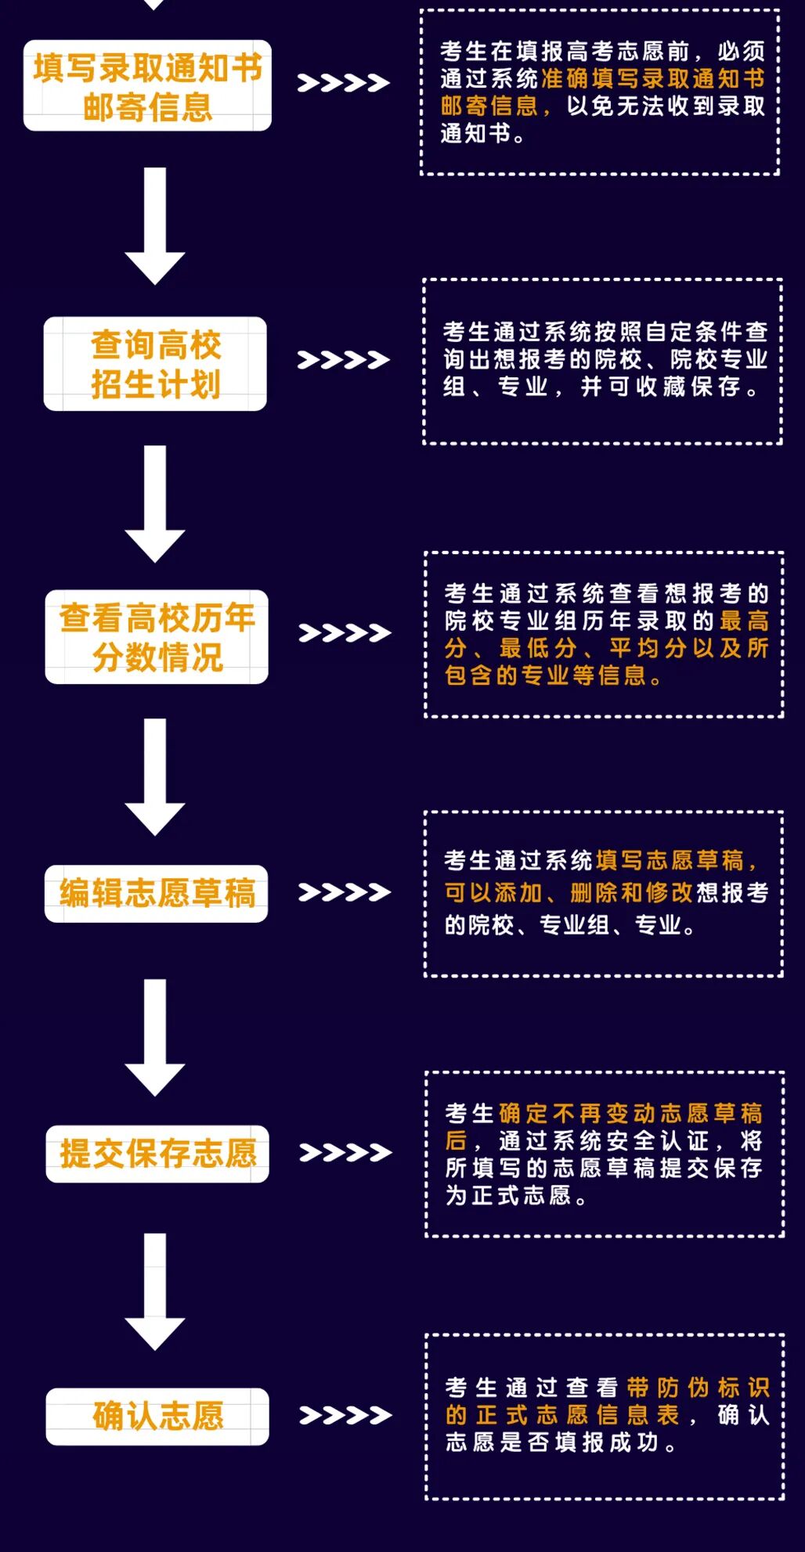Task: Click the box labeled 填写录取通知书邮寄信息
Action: [x=147, y=86]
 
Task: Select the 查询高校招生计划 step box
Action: [x=155, y=364]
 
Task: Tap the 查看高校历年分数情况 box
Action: [x=157, y=637]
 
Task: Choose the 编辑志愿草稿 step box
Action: [x=157, y=893]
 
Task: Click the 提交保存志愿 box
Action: [x=157, y=1154]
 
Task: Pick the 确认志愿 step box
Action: [x=157, y=1416]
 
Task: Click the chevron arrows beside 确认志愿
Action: [x=345, y=1415]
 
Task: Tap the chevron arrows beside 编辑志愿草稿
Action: [x=345, y=892]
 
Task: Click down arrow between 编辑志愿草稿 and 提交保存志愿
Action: [x=155, y=1037]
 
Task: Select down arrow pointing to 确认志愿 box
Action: [x=155, y=1291]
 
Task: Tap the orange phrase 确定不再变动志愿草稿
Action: [x=630, y=1113]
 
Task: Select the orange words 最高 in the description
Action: [x=744, y=621]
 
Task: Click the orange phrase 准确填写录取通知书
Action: [x=652, y=78]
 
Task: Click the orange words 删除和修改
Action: [x=631, y=893]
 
